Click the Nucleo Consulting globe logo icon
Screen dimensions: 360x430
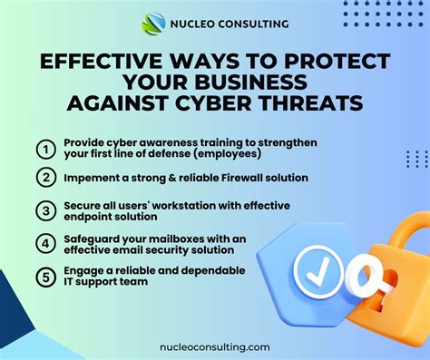152,23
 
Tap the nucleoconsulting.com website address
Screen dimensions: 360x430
216,345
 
